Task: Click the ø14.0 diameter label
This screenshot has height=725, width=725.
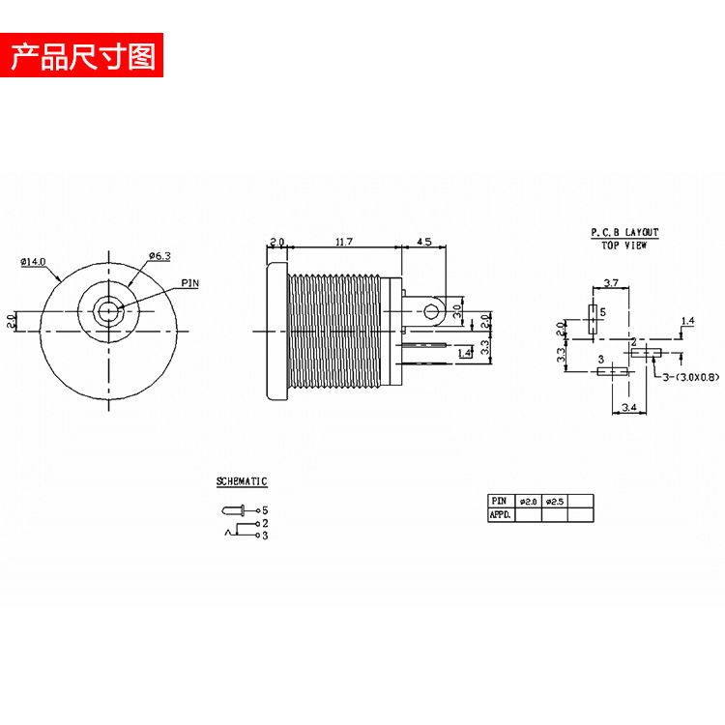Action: coord(33,262)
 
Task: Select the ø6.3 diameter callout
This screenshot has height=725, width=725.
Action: coord(159,255)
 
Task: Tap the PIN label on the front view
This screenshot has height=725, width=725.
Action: coord(189,284)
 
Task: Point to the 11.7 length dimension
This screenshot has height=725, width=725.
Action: coord(342,241)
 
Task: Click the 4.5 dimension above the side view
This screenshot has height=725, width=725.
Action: coord(423,241)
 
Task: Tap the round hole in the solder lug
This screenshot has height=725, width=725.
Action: coord(431,311)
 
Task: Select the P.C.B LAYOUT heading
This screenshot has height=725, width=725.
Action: coord(624,233)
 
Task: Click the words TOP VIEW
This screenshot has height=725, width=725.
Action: coord(624,246)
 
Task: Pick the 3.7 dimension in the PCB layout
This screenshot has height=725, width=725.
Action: coord(611,282)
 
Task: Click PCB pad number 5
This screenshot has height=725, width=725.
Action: coord(593,313)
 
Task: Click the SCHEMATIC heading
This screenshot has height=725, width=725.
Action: coord(242,481)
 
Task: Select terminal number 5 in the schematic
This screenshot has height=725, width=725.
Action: coord(264,509)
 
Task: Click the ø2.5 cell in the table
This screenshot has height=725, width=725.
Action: coord(554,501)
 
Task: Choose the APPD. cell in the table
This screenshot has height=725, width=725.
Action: coord(501,515)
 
